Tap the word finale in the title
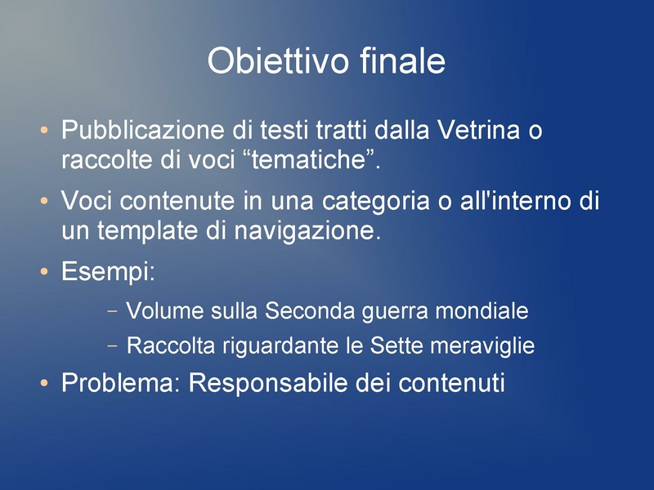pyautogui.click(x=402, y=62)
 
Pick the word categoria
pyautogui.click(x=379, y=201)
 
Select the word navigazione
pyautogui.click(x=307, y=233)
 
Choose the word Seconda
pyautogui.click(x=310, y=311)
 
